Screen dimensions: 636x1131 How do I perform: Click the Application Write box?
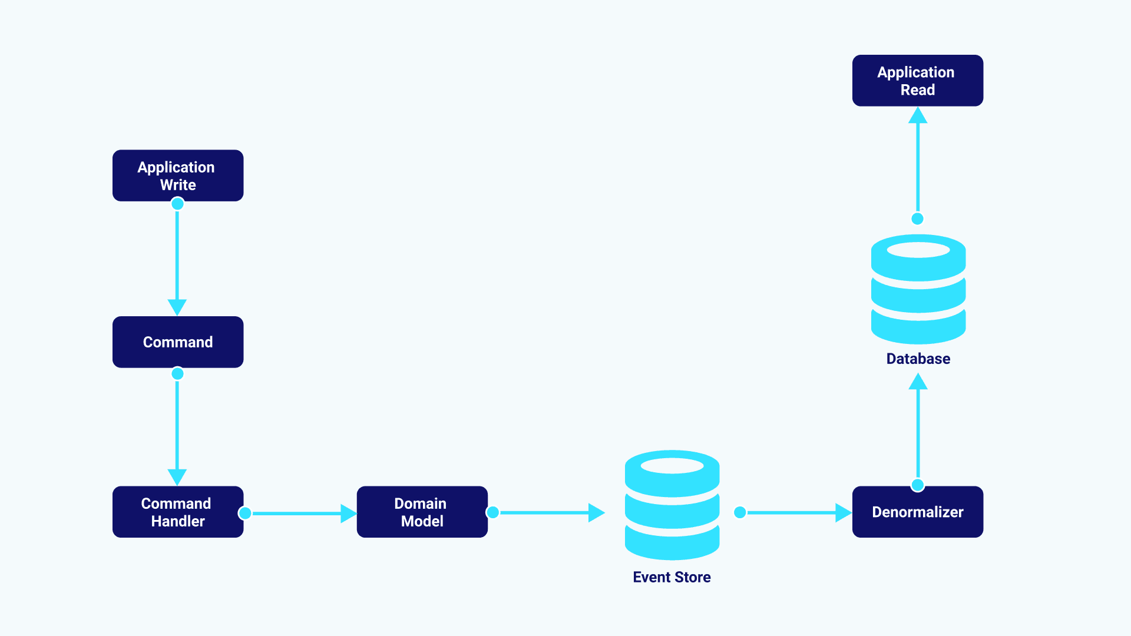[178, 175]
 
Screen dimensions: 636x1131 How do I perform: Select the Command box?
[178, 342]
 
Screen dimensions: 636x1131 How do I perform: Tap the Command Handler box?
[178, 512]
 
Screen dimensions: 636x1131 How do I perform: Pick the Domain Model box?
[422, 512]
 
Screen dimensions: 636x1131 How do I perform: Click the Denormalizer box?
[917, 512]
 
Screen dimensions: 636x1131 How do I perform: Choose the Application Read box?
[917, 81]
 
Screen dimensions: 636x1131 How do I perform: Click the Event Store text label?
[672, 577]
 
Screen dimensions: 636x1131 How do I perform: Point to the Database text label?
[918, 359]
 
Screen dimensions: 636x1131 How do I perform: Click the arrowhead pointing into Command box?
[177, 307]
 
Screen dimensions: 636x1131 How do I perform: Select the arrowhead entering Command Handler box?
[177, 476]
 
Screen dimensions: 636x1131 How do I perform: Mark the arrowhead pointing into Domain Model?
[348, 514]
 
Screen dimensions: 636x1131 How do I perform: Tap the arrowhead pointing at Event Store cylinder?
[596, 513]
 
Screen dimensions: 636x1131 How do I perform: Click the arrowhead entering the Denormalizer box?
[843, 513]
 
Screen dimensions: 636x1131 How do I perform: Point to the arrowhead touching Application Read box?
[918, 116]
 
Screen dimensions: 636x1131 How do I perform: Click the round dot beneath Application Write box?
[177, 204]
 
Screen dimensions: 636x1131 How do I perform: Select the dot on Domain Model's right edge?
[493, 512]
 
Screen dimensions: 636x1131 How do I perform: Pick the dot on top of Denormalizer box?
[918, 485]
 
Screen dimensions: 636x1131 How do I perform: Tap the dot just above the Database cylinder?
[918, 219]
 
